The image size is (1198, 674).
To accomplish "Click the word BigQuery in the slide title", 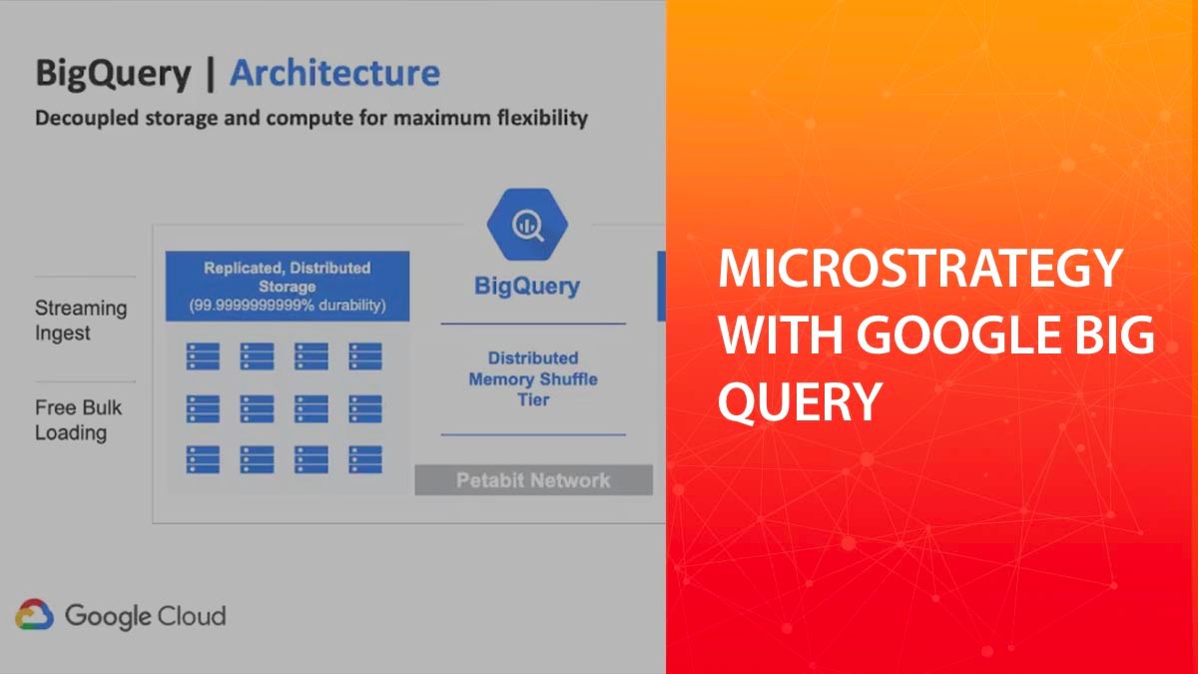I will click(x=113, y=74).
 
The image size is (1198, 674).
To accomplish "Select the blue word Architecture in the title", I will click(x=334, y=73).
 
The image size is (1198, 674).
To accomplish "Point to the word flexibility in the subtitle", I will click(x=540, y=118).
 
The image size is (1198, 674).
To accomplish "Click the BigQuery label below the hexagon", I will click(x=526, y=287).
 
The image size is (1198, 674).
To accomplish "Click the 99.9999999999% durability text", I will click(x=287, y=306).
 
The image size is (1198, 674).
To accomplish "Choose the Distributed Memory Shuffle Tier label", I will click(x=533, y=378).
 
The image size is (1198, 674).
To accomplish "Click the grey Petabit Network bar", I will click(x=533, y=480).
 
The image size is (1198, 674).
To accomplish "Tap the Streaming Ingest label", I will click(x=81, y=321).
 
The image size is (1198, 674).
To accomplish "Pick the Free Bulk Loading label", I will click(x=78, y=420).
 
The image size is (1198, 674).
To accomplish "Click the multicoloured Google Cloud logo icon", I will click(x=34, y=615).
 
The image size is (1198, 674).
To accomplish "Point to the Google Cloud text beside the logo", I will click(x=145, y=616).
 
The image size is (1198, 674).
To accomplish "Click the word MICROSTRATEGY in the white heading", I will click(x=919, y=271).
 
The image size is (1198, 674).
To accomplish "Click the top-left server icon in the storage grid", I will click(x=203, y=355).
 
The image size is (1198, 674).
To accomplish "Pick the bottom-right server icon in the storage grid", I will click(x=364, y=459).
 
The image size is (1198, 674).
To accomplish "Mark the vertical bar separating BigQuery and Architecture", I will click(x=210, y=74).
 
